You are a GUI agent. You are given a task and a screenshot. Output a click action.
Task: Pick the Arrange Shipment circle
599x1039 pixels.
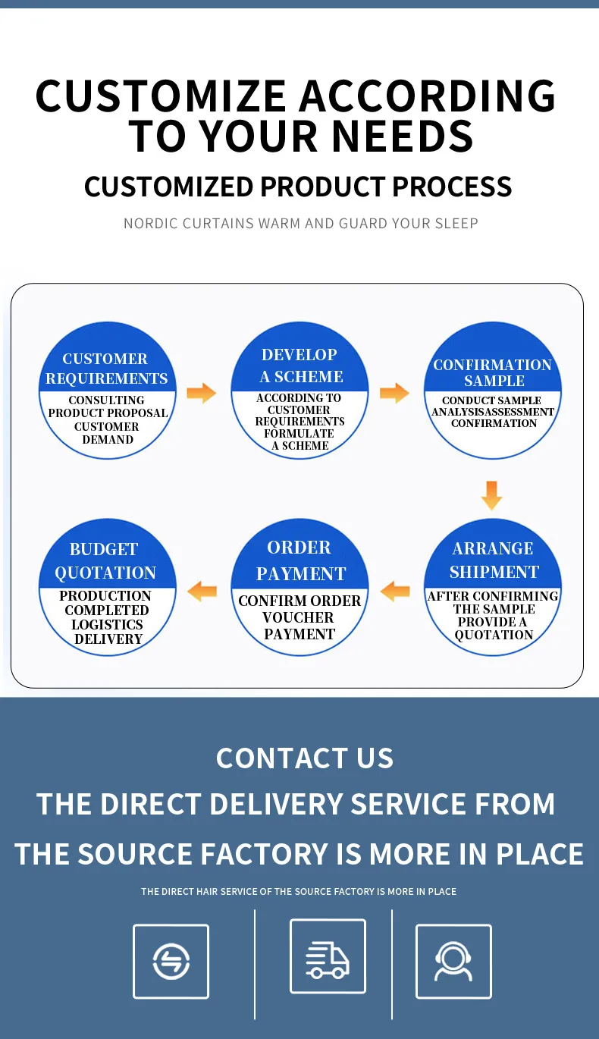(493, 588)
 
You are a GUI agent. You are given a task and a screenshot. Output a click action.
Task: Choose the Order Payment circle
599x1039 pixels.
(299, 588)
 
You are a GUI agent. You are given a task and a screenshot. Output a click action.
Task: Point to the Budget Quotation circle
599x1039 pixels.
(107, 588)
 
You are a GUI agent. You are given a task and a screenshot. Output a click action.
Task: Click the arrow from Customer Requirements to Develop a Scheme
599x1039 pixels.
(201, 393)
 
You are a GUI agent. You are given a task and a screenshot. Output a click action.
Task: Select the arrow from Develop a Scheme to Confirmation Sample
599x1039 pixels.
(394, 393)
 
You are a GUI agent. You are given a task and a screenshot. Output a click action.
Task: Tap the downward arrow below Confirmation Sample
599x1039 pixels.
(491, 494)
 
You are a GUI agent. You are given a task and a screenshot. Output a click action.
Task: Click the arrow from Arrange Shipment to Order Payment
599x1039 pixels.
(394, 591)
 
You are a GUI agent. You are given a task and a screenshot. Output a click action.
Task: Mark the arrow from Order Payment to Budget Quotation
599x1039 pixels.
(202, 591)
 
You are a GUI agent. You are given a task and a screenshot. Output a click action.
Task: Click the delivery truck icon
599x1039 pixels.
(328, 956)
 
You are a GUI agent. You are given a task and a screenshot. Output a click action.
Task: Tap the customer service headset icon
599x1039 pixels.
(453, 961)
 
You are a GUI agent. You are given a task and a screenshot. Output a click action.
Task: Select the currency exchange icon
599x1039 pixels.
(171, 961)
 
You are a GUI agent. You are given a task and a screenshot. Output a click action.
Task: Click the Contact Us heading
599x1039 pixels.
(305, 758)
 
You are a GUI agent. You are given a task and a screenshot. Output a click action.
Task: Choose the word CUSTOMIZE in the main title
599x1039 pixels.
(160, 96)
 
